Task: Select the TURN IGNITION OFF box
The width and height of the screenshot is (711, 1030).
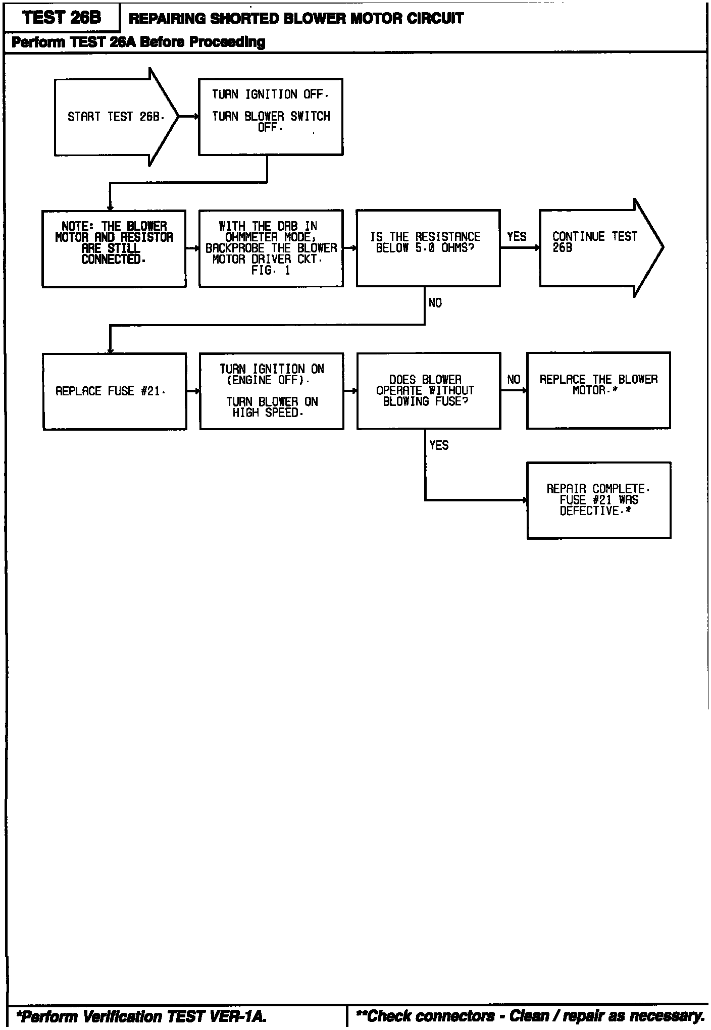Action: tap(271, 117)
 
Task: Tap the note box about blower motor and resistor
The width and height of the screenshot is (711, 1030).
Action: tap(114, 248)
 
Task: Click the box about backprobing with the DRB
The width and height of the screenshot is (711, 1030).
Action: tap(271, 248)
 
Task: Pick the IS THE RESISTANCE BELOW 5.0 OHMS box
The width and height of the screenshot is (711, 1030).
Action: tap(428, 248)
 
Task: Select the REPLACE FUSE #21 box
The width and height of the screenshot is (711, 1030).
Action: tap(115, 391)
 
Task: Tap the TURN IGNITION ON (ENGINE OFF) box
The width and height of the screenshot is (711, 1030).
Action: tap(272, 391)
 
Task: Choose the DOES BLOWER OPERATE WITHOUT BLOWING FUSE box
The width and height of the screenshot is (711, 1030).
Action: tap(429, 391)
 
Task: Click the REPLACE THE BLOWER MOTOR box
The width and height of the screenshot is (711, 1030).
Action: tap(598, 390)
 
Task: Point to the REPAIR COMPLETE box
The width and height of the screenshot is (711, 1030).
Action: tap(598, 500)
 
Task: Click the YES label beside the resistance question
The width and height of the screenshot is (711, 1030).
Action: tap(517, 237)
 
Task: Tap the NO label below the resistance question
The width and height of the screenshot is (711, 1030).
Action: tap(435, 303)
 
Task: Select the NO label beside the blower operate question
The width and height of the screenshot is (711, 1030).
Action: tap(514, 380)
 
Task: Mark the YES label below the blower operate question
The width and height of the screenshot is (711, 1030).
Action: tap(439, 445)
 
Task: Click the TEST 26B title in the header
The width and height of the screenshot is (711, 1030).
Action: tap(62, 18)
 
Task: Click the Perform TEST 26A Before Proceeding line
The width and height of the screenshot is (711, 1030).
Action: tap(138, 42)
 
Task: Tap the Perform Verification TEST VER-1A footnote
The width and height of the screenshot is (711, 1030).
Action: tap(141, 1016)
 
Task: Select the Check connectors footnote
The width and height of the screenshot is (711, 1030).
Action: tap(530, 1016)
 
